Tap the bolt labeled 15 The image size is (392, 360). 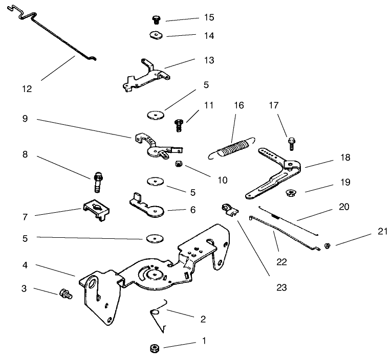coord(156,20)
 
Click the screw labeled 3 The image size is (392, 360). coord(65,294)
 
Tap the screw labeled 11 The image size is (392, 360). coord(180,124)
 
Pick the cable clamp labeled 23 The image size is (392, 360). coord(228,209)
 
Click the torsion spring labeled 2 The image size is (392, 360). coord(159,316)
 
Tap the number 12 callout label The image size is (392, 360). coord(27,88)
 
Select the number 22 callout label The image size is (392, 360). coord(281,261)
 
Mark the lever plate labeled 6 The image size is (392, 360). coord(148,206)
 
